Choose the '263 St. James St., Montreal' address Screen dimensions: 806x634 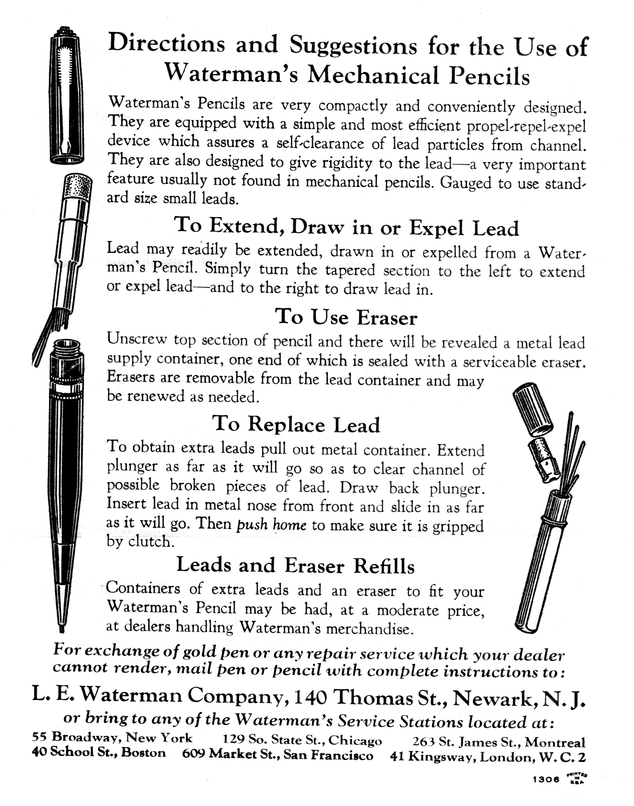click(x=498, y=742)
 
